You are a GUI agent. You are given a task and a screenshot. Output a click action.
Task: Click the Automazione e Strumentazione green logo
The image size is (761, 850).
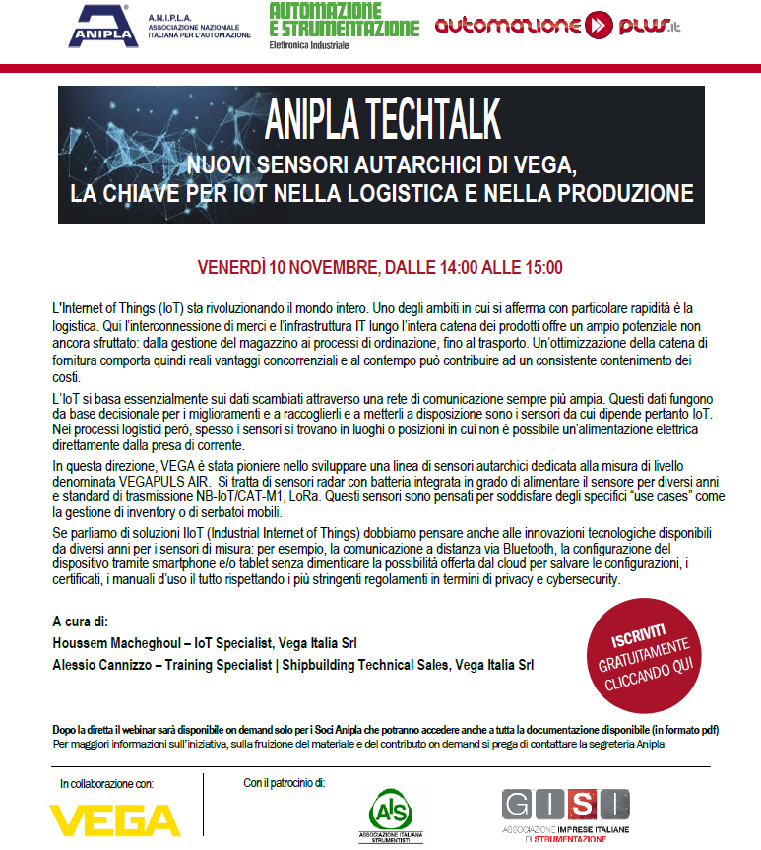(x=344, y=21)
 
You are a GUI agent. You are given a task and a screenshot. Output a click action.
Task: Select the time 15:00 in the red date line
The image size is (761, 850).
(x=541, y=267)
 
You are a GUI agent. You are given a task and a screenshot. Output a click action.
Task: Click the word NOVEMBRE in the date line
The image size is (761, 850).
(x=332, y=267)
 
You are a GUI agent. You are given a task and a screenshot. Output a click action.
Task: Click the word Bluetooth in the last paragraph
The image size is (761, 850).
(x=532, y=549)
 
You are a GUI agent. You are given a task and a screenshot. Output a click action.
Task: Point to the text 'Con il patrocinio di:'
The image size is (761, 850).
(x=284, y=784)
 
